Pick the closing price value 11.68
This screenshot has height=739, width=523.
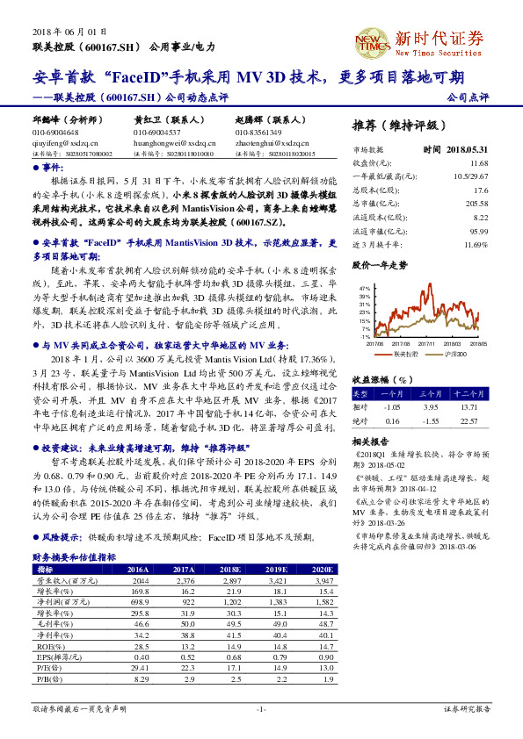click(x=478, y=163)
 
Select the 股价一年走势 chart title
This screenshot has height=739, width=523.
click(x=379, y=264)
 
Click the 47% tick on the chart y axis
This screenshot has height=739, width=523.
click(x=365, y=288)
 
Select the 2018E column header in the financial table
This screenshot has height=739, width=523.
click(x=232, y=568)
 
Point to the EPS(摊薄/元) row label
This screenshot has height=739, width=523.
click(x=54, y=656)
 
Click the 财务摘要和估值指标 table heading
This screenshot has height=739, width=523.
click(x=75, y=556)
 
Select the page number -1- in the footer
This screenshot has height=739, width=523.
click(x=261, y=708)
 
